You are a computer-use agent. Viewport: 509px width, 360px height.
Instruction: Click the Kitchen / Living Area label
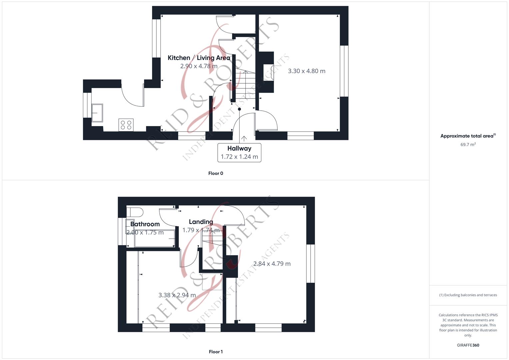(199, 58)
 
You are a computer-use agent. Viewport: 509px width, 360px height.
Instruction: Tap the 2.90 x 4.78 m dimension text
(199, 66)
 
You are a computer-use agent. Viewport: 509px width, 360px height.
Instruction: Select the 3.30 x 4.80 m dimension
(307, 71)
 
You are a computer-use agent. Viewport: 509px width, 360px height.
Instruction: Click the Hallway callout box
(239, 153)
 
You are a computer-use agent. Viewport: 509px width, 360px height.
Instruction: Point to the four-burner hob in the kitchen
(126, 125)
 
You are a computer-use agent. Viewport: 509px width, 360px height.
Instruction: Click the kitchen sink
(97, 113)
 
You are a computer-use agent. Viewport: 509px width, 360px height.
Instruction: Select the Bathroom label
(145, 224)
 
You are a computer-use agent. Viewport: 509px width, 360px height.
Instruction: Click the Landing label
(201, 222)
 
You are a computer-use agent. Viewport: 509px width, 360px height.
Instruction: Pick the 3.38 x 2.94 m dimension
(177, 295)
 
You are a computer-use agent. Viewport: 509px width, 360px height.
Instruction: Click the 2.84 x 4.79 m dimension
(272, 264)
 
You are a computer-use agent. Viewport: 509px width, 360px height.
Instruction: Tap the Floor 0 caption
(216, 173)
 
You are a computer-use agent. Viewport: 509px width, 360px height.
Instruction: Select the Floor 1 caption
(216, 352)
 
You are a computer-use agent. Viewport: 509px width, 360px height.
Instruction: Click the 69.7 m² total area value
(468, 145)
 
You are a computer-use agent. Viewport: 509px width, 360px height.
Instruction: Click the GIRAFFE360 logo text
(468, 345)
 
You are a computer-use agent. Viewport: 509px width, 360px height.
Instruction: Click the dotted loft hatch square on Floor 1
(212, 282)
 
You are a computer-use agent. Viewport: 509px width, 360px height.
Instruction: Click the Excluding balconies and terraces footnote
(468, 295)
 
